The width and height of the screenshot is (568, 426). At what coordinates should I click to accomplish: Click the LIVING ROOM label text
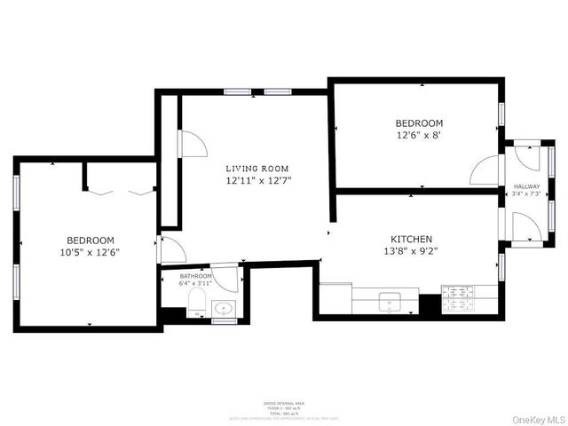pos(256,169)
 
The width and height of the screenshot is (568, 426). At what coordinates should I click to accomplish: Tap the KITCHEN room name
pos(412,239)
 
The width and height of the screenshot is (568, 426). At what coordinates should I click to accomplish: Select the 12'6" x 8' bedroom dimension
pos(419,135)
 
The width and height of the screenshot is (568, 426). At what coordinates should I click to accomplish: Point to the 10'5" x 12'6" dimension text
pos(91,252)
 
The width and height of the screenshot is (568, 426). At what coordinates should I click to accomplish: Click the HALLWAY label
pos(526,185)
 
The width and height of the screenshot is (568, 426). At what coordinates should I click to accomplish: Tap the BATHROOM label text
pos(195,276)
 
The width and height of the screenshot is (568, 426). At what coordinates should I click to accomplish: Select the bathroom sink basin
pos(224,309)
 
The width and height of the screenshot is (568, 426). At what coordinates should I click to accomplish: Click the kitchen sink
pos(389,302)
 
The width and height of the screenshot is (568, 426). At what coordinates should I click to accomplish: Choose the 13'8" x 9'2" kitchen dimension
pos(412,250)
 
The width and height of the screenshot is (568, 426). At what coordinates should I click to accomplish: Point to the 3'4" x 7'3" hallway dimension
pos(526,193)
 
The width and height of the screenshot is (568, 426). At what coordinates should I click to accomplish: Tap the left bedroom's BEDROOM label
pos(91,241)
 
